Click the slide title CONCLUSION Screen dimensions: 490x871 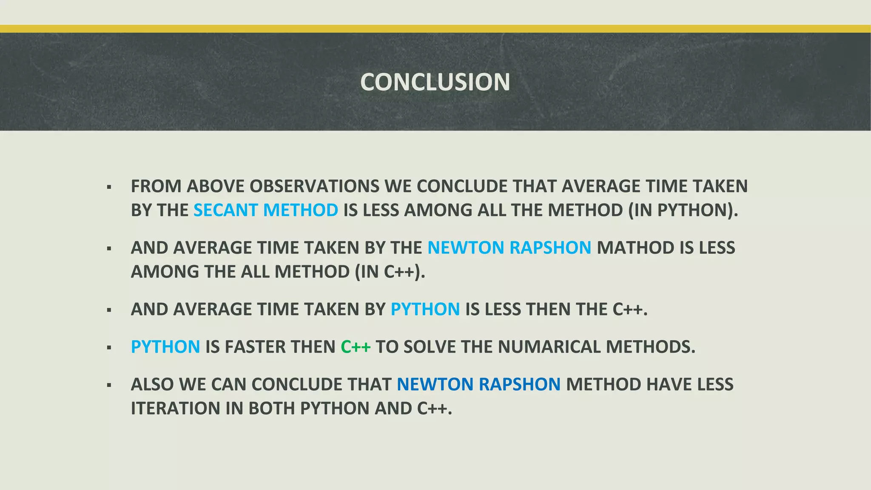point(435,82)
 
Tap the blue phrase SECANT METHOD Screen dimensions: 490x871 point(266,210)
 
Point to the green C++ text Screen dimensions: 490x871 point(356,347)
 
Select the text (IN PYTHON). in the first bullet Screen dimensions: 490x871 point(683,210)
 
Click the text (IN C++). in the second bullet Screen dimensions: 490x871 point(390,272)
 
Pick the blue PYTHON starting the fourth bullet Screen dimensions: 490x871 point(165,347)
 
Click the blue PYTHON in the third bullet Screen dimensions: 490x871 point(425,309)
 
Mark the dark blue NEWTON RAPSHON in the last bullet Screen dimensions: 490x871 point(479,385)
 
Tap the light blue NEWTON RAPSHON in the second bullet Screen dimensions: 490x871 point(509,248)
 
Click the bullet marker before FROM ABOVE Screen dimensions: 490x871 point(109,187)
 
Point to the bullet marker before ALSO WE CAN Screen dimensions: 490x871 point(109,385)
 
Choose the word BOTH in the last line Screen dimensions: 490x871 point(272,408)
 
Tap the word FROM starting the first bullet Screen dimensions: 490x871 point(156,186)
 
